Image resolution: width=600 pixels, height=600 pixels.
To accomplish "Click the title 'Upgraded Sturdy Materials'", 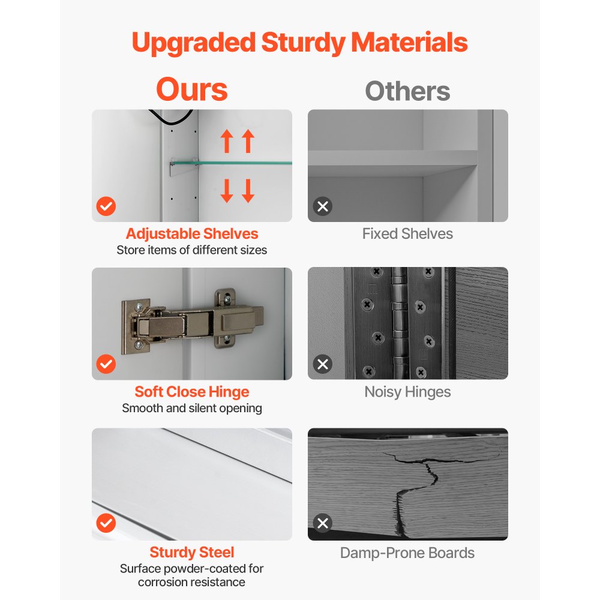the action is tap(299, 43).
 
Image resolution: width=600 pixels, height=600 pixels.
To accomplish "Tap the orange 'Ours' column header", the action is tap(192, 89).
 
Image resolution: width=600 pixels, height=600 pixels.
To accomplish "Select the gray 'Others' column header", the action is tap(407, 91).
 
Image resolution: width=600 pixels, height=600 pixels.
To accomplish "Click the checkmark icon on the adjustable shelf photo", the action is tap(106, 206).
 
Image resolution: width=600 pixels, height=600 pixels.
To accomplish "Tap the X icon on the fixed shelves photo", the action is tap(323, 206).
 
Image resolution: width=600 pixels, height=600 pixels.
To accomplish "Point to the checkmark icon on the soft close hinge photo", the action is tap(106, 364).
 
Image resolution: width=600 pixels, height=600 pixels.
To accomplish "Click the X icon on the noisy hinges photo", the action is tap(323, 364).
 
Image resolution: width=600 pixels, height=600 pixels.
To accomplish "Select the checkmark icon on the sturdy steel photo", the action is tap(106, 523).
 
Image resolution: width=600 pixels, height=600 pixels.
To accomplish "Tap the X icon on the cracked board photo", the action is tap(323, 523).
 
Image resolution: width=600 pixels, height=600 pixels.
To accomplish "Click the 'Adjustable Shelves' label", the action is tap(192, 233).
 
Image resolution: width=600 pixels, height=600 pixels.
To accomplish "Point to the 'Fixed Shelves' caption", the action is tap(407, 233).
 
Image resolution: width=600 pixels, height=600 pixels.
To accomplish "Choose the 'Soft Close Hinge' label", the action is tap(192, 392).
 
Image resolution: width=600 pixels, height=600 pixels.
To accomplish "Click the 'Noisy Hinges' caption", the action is tap(407, 392).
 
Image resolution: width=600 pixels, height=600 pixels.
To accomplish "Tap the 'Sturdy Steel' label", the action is tap(192, 552).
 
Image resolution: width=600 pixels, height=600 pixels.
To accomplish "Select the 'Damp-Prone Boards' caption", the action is tap(407, 553).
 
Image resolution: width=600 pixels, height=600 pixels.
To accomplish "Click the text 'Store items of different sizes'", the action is tap(192, 250).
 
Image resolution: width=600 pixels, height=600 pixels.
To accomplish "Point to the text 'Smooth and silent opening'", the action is tap(192, 408).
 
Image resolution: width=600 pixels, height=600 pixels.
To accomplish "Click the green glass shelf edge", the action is tap(232, 163).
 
